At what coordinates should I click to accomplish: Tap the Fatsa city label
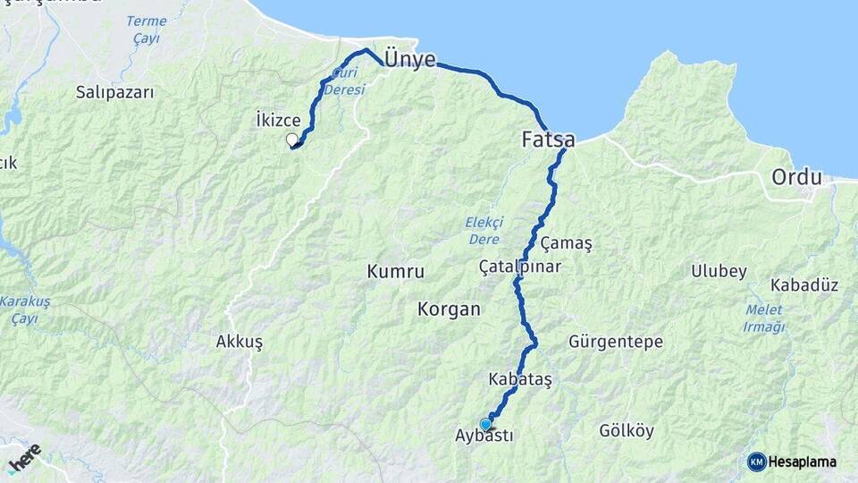[x=548, y=140]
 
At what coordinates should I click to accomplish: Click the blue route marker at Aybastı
[x=486, y=424]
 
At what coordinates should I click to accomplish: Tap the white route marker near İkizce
[x=291, y=140]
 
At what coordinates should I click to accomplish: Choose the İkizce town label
[x=278, y=119]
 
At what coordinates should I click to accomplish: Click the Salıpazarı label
[x=115, y=91]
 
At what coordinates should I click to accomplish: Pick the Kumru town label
[x=395, y=271]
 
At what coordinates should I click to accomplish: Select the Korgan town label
[x=449, y=309]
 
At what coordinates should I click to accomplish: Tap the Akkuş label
[x=239, y=342]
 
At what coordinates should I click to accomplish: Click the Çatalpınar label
[x=519, y=267]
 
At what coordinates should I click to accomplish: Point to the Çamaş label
[x=567, y=243]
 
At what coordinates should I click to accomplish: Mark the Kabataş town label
[x=520, y=379]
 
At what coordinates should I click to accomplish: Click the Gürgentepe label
[x=616, y=342]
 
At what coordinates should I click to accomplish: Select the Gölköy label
[x=627, y=431]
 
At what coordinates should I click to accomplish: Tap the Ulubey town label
[x=719, y=271]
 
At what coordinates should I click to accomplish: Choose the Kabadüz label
[x=804, y=285]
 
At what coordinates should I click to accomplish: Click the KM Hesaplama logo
[x=792, y=462]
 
